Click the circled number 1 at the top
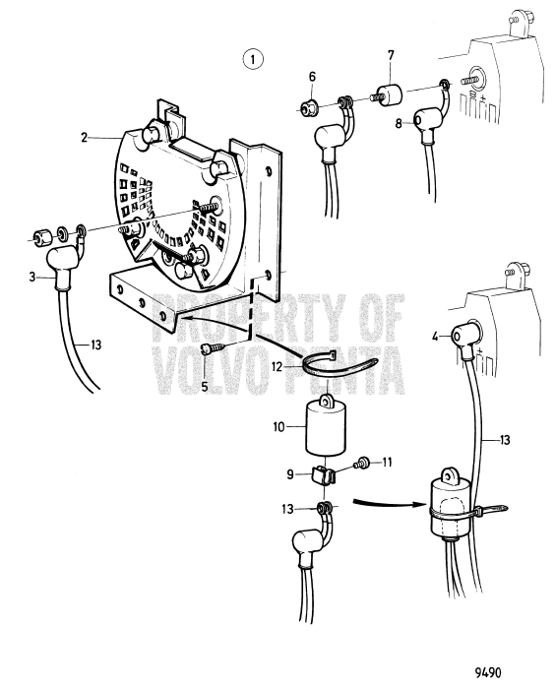(x=254, y=61)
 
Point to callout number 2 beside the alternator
(x=85, y=139)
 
